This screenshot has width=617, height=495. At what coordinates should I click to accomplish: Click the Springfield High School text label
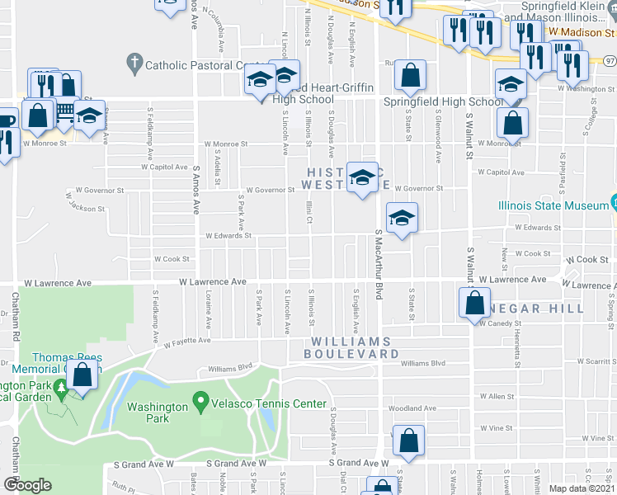[x=443, y=102]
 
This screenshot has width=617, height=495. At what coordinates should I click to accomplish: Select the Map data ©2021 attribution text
[x=581, y=488]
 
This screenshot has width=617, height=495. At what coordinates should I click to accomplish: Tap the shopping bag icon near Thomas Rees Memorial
[x=82, y=375]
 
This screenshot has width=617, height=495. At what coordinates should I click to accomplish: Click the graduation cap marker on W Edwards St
[x=402, y=219]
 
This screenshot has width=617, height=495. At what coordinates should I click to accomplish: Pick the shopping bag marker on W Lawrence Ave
[x=475, y=303]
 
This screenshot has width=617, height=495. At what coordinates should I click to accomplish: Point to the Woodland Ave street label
[x=412, y=408]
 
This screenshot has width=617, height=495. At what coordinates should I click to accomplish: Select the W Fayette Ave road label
[x=189, y=341]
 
